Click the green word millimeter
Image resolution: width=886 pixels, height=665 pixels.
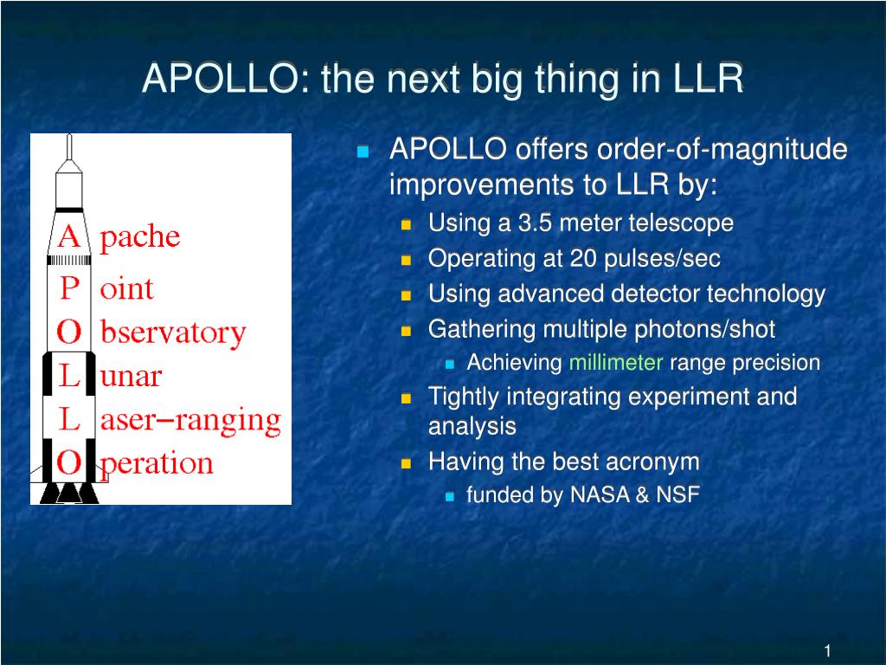[616, 363]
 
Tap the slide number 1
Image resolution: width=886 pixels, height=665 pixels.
[828, 651]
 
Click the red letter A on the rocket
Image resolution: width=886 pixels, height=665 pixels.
[69, 236]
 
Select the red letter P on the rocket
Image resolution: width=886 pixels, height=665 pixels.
[69, 288]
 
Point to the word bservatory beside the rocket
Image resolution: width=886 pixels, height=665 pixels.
[173, 332]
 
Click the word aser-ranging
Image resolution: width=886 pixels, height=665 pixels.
[190, 421]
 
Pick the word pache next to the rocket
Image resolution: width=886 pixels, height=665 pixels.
[139, 237]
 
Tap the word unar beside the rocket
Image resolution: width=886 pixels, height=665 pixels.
[131, 377]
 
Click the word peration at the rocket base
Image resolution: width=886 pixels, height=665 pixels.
[156, 464]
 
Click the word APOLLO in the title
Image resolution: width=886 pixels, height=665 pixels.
[219, 78]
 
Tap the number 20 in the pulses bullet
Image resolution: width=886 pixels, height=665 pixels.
[583, 258]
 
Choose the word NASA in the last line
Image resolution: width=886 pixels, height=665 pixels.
[600, 494]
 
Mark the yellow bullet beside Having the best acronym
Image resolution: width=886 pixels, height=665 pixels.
[406, 464]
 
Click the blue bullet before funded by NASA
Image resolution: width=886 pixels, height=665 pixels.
[450, 497]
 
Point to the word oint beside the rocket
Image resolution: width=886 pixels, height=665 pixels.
[126, 289]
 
